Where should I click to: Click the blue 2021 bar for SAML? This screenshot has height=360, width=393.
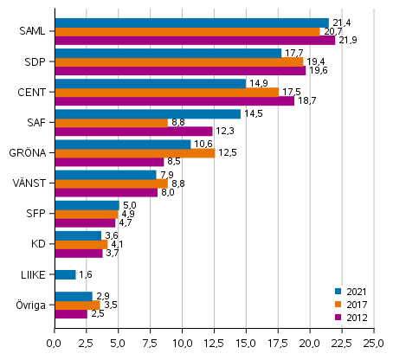191,22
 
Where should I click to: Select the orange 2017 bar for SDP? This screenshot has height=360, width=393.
178,61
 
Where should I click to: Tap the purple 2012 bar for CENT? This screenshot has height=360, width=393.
174,100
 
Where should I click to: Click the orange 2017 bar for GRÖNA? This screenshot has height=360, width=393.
134,153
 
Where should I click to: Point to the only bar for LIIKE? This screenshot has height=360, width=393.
65,274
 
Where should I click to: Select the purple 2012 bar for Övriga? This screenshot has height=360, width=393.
70,313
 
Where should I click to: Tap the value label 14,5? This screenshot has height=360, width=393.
254,113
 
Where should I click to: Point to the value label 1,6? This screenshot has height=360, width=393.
87,275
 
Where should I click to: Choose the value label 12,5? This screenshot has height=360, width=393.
228,153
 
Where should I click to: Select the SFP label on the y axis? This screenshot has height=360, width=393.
36,213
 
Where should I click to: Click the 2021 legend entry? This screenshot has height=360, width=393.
355,291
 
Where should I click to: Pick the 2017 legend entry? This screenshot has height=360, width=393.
355,304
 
